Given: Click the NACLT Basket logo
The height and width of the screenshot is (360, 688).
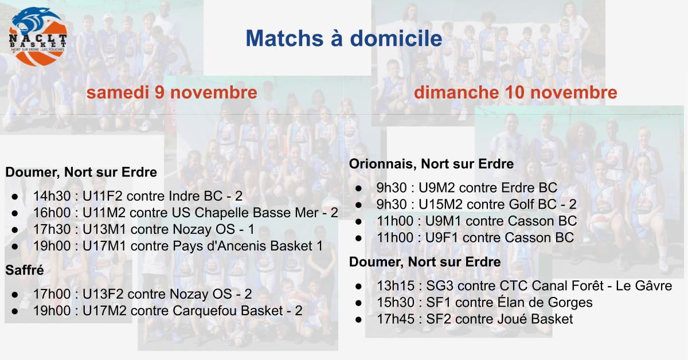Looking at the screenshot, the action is click(x=38, y=37).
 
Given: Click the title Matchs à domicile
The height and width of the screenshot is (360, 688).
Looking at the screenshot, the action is click(x=344, y=38).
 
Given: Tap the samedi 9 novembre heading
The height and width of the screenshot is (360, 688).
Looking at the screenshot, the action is click(x=171, y=93).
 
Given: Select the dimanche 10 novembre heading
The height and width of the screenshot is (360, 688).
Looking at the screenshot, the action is click(x=515, y=93).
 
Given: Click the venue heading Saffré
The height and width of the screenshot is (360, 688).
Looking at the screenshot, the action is click(x=25, y=270).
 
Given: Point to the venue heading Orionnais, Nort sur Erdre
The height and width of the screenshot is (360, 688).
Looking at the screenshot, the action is click(x=431, y=164).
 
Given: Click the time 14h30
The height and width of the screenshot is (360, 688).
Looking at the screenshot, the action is click(x=52, y=196).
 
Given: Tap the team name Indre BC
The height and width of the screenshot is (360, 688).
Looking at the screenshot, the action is click(x=191, y=196).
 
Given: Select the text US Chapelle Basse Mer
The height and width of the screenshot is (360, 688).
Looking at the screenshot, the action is click(x=245, y=213).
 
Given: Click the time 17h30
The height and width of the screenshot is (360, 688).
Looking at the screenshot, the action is click(x=52, y=229).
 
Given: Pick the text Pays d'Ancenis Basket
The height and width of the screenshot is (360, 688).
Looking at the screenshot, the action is click(x=243, y=246).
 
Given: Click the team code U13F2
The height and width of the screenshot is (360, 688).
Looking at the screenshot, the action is click(x=104, y=294).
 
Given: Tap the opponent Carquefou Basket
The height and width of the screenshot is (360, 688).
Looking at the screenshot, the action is click(x=228, y=311).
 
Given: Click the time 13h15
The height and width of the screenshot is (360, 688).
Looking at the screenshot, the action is click(x=396, y=285).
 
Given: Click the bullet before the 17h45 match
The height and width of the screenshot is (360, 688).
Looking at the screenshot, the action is click(x=358, y=319).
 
